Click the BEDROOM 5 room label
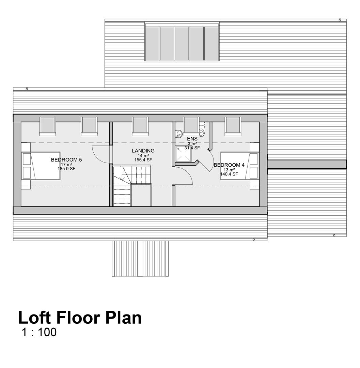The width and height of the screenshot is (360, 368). point(66,160)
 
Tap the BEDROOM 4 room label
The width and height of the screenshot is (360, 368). point(229,165)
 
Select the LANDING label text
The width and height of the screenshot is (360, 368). point(143,151)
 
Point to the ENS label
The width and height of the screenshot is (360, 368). point(192,139)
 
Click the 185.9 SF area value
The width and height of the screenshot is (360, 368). point(66,169)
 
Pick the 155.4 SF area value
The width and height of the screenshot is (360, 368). point(143,160)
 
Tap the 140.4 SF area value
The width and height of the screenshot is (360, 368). point(229,174)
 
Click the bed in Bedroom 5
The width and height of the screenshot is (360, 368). point(41,166)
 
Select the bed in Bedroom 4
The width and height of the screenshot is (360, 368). point(239,166)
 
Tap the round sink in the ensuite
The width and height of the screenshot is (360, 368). point(179,134)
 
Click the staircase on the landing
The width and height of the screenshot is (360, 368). point(131,186)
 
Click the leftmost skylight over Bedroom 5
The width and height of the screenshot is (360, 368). point(47,126)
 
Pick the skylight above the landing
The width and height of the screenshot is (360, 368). point(140,126)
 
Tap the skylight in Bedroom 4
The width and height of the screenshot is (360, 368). point(233,126)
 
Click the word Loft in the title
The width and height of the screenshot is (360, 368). point(34,318)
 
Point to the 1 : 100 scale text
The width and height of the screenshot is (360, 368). point(39,332)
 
